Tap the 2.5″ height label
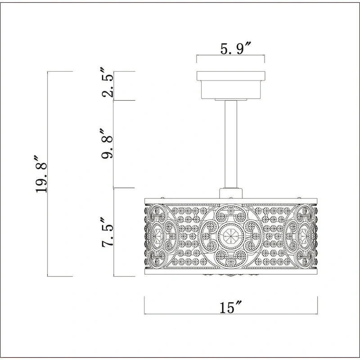pos(108,82)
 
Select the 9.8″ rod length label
pos(107,144)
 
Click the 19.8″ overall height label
pos(41,174)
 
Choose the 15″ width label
pos(231,307)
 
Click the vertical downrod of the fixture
pos(231,144)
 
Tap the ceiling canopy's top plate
pos(231,76)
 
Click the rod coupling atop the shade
pos(231,193)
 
